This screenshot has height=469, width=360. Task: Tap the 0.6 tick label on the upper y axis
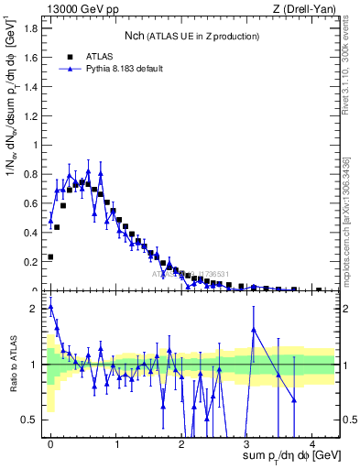(x=31, y=203)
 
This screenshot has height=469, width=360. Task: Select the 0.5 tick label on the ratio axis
(x=31, y=420)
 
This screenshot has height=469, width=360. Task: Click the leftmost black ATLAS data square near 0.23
(x=50, y=257)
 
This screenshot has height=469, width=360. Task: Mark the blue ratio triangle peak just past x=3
(x=254, y=329)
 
